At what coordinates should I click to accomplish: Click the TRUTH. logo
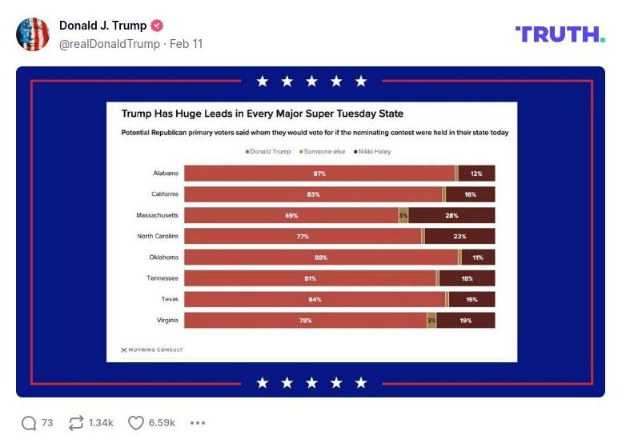[560, 34]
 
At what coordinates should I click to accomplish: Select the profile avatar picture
[33, 34]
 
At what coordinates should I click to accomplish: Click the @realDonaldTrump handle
[109, 44]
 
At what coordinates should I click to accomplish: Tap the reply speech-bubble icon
[29, 422]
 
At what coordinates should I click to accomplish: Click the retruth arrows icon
[77, 422]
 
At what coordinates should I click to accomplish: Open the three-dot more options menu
[198, 422]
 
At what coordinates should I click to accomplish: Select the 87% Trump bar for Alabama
[319, 173]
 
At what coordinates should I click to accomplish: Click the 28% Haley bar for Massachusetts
[451, 215]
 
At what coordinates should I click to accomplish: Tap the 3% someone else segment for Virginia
[431, 320]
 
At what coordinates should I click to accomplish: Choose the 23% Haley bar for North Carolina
[459, 236]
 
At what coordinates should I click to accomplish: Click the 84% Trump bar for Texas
[315, 299]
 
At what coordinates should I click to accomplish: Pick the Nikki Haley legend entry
[373, 151]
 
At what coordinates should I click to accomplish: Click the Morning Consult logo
[152, 349]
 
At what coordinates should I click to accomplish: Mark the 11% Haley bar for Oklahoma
[478, 257]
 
